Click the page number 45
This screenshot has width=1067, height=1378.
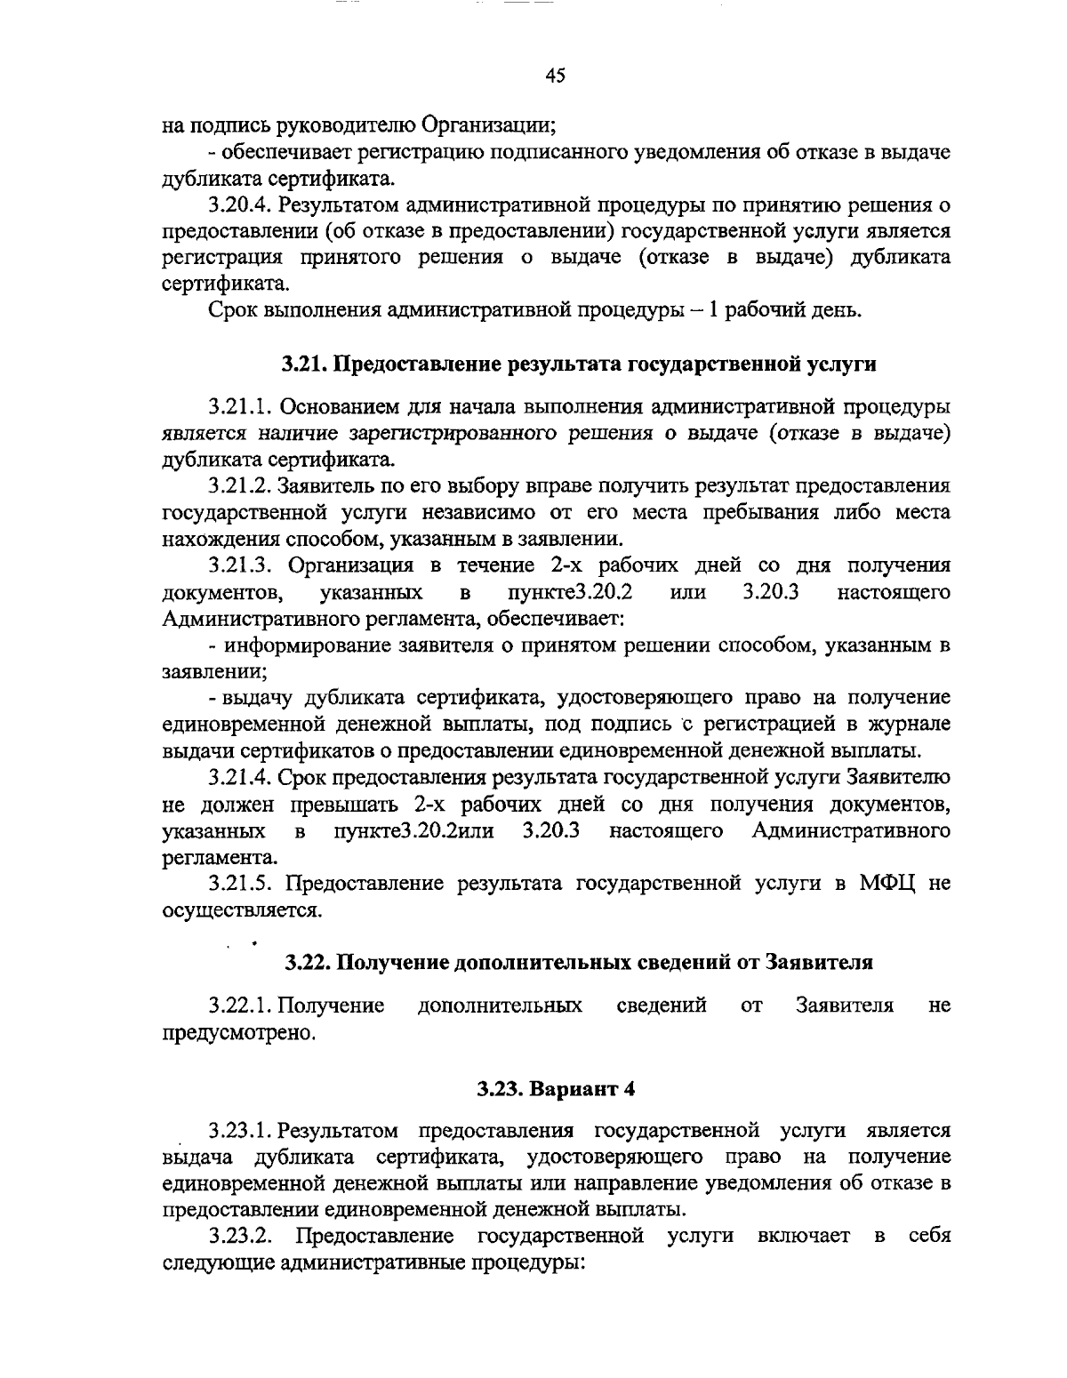(556, 76)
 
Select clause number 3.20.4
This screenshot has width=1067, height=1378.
(241, 205)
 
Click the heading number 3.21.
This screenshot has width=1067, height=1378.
(306, 364)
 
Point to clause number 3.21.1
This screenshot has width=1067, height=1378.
(241, 407)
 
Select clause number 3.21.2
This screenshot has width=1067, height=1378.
(241, 486)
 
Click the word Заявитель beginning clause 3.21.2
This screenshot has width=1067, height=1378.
(319, 486)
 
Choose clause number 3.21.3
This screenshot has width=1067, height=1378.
(241, 566)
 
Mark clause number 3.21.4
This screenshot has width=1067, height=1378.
(241, 778)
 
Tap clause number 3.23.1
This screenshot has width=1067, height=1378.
(241, 1131)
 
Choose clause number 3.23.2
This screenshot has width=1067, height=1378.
(241, 1237)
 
